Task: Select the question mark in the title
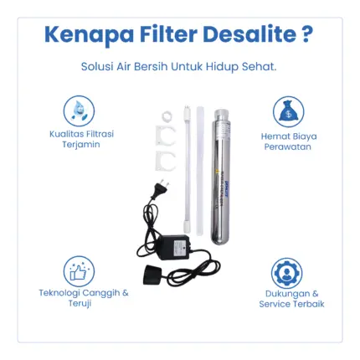click(x=307, y=34)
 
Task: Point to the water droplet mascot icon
click(x=79, y=111)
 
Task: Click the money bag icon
click(x=288, y=112)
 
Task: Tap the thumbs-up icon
click(x=79, y=271)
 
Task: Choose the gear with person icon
click(x=286, y=273)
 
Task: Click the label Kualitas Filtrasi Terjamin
click(x=81, y=139)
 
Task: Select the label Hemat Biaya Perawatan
click(x=289, y=141)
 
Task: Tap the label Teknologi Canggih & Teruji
click(x=84, y=298)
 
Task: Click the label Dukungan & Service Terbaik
click(x=291, y=299)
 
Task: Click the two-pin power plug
click(x=157, y=189)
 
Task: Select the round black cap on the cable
click(x=154, y=275)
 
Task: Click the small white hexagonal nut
click(x=167, y=116)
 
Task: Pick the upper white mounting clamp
click(x=165, y=136)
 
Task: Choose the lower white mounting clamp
click(x=165, y=161)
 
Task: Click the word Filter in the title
click(x=168, y=34)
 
